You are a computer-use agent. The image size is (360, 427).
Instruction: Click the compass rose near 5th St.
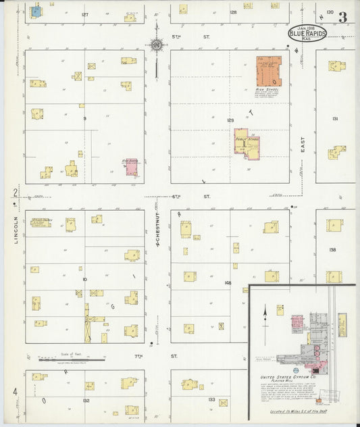click(x=157, y=45)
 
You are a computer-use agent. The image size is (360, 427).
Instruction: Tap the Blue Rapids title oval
click(x=308, y=32)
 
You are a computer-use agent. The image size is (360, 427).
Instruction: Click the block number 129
click(x=230, y=120)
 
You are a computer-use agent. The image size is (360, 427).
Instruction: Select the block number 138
click(x=333, y=249)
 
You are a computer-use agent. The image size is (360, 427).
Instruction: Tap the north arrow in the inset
click(x=265, y=311)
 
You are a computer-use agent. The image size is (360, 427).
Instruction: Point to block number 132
click(x=86, y=400)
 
